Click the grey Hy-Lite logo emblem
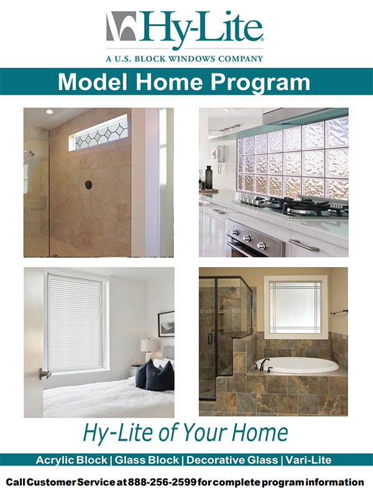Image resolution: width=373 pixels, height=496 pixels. (x=121, y=26)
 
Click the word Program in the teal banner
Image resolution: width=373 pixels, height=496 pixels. (x=260, y=82)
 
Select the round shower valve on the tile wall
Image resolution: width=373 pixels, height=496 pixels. (x=88, y=184)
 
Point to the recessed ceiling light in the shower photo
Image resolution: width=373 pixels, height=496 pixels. (x=49, y=111)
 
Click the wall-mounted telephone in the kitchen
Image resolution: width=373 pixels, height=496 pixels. (x=220, y=157)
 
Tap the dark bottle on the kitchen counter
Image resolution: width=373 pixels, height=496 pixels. (x=209, y=177)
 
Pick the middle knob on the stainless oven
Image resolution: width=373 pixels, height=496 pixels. (x=247, y=238)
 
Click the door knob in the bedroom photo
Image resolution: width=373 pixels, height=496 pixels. (x=45, y=373)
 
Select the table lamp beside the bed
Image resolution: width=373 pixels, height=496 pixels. (x=149, y=349)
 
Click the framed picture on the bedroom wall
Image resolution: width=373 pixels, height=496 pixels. (x=166, y=324)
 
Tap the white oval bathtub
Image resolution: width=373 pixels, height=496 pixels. (x=296, y=366)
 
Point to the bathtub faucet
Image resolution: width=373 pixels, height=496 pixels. (x=264, y=365)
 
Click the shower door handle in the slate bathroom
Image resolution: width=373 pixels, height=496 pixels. (x=210, y=339)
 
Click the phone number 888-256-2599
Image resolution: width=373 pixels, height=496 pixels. (x=162, y=482)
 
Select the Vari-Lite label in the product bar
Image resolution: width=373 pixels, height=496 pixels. (x=308, y=460)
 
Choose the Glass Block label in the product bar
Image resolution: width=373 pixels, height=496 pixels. (x=147, y=460)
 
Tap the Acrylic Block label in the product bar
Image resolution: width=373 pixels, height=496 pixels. (x=71, y=460)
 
